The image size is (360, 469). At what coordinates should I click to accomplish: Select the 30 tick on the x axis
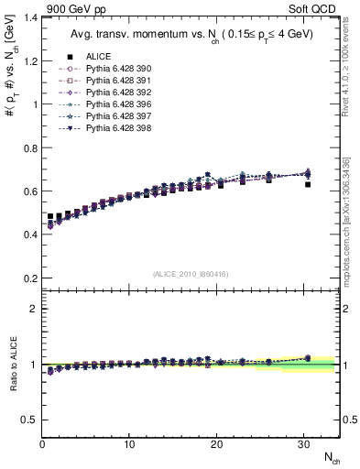(x=303, y=443)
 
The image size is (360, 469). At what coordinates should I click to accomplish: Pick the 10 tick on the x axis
(x=129, y=443)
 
